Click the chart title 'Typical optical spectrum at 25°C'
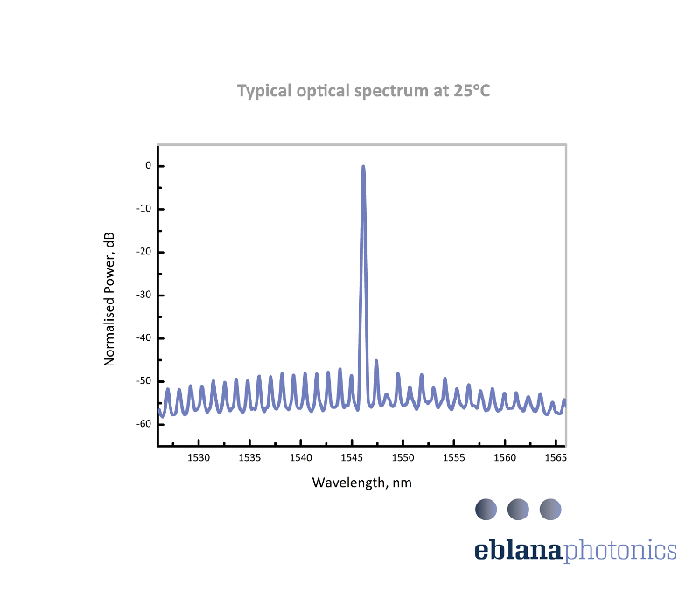click(363, 91)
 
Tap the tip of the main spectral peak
click(363, 167)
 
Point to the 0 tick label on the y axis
click(149, 166)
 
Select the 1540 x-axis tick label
click(300, 458)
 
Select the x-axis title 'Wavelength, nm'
click(362, 483)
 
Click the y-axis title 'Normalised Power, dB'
click(109, 299)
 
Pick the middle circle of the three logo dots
click(518, 508)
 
